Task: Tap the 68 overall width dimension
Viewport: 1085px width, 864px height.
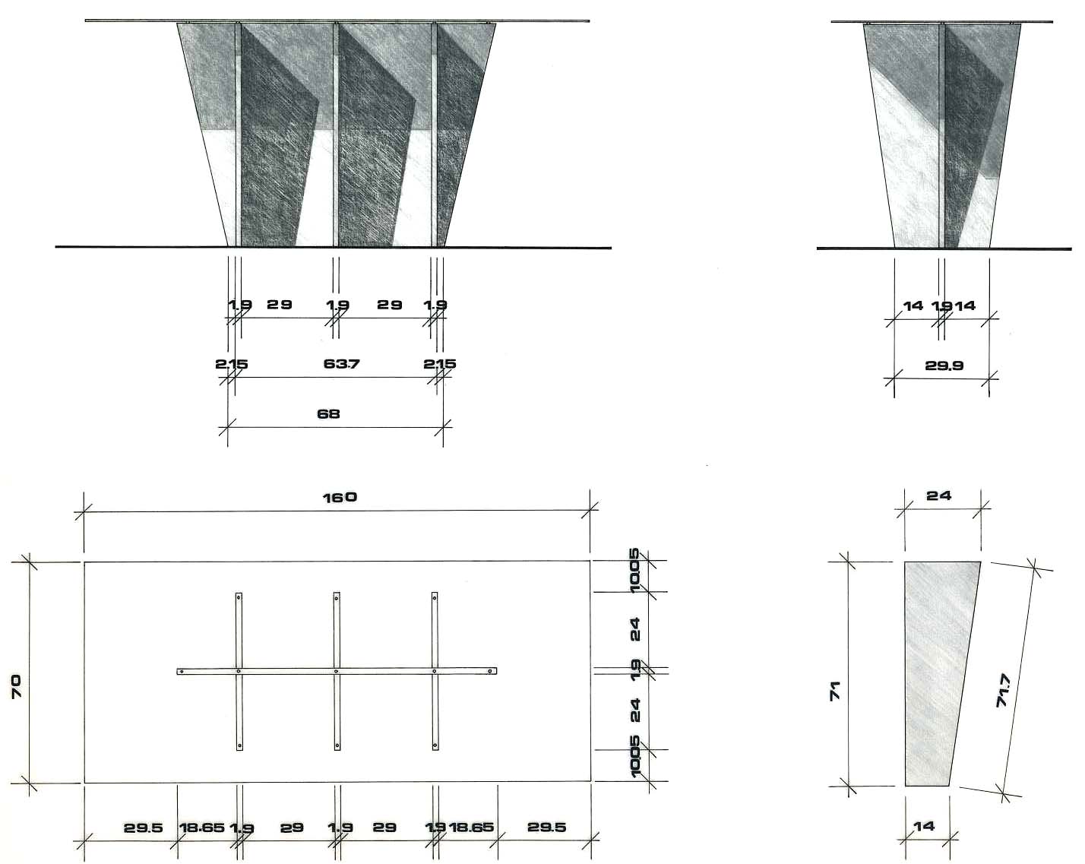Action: click(329, 414)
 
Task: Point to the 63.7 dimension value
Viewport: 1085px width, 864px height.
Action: click(341, 364)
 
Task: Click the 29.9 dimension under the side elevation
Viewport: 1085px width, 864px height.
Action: click(944, 366)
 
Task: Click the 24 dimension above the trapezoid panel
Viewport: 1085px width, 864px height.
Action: click(938, 495)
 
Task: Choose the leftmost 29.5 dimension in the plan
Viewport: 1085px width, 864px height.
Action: click(144, 828)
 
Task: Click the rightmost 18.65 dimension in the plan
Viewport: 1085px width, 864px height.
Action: click(471, 828)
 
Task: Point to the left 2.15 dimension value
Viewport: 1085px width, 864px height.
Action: click(230, 364)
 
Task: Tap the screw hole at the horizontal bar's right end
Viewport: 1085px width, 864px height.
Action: click(491, 672)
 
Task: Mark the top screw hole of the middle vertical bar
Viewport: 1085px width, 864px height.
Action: click(337, 599)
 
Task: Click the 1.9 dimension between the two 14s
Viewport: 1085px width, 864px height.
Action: click(942, 305)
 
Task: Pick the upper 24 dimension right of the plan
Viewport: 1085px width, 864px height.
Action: click(635, 629)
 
